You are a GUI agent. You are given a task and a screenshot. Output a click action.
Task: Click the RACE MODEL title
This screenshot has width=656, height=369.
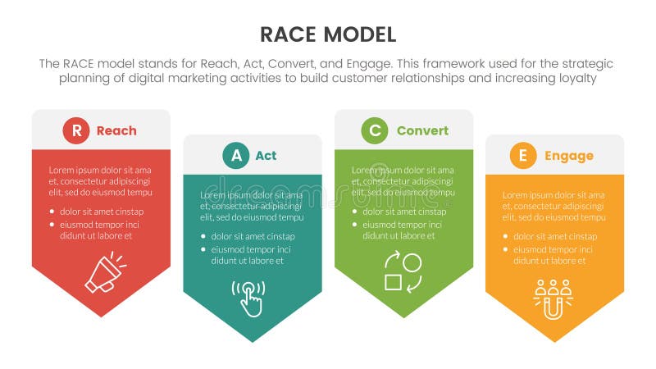tap(327, 34)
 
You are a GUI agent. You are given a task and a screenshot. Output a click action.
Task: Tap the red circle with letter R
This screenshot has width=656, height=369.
tap(76, 130)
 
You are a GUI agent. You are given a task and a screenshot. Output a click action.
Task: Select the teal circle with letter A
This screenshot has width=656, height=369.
tap(236, 156)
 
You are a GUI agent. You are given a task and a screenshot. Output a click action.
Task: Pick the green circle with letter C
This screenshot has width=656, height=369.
tap(375, 130)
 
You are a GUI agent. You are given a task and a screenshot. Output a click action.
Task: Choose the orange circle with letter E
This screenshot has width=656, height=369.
tap(522, 156)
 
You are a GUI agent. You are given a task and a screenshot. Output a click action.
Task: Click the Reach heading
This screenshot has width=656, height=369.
tap(116, 130)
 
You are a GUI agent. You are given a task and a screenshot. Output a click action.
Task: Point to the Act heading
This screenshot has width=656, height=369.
tap(266, 156)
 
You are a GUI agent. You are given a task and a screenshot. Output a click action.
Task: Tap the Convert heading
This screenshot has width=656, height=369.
tap(422, 130)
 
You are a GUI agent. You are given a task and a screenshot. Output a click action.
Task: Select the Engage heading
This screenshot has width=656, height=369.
tap(567, 156)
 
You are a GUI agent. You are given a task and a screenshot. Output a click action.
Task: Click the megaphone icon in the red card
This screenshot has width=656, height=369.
tap(105, 274)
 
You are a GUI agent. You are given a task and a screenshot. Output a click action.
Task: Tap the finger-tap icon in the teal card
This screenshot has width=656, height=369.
tap(249, 298)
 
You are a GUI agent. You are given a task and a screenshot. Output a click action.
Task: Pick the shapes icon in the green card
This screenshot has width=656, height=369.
tap(403, 274)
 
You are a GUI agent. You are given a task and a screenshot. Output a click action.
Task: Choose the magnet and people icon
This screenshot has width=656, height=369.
tap(553, 298)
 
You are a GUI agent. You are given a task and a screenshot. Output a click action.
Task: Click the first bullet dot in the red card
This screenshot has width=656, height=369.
tap(52, 211)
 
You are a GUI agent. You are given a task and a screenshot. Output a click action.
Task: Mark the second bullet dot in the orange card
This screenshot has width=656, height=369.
tap(506, 249)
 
